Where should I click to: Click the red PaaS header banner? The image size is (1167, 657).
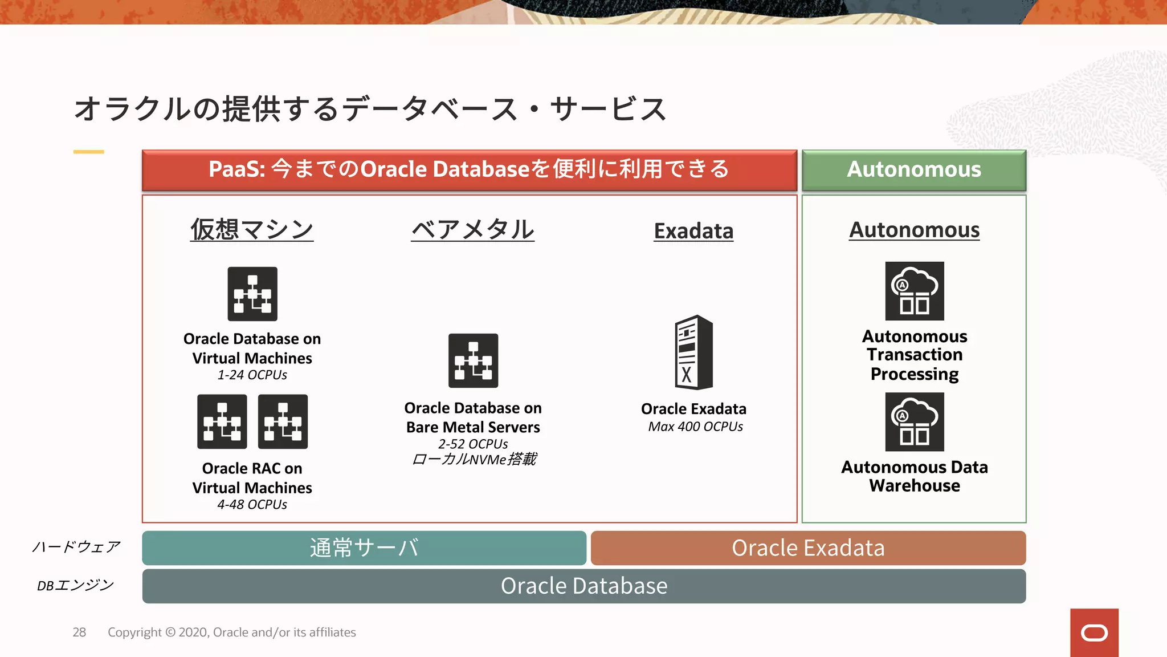point(469,170)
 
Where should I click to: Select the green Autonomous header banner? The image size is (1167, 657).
point(913,170)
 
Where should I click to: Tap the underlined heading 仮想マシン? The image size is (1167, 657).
point(252,230)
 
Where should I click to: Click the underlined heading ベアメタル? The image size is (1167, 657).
point(472,230)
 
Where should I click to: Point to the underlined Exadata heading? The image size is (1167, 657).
point(693,231)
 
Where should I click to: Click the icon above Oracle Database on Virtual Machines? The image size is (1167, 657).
point(252,294)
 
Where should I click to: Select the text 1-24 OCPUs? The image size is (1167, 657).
point(252,375)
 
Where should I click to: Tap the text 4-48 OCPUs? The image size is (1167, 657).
point(252,505)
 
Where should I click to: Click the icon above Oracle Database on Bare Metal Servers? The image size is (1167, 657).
point(473,360)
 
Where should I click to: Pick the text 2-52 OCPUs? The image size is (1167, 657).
point(473,444)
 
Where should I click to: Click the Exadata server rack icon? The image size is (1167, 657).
point(693,352)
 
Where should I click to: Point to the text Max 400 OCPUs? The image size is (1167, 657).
point(695,427)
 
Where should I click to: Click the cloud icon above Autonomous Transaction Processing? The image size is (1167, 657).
point(914,291)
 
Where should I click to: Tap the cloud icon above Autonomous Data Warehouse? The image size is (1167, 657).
point(914,422)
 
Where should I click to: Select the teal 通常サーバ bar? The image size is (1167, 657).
point(364,548)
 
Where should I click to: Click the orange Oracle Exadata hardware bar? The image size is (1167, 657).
point(808,548)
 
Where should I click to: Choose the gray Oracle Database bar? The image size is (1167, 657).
point(583,586)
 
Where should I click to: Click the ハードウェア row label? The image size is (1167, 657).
point(76,547)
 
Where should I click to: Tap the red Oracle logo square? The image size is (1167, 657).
point(1094,632)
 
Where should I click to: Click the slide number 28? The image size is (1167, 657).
point(79,632)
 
